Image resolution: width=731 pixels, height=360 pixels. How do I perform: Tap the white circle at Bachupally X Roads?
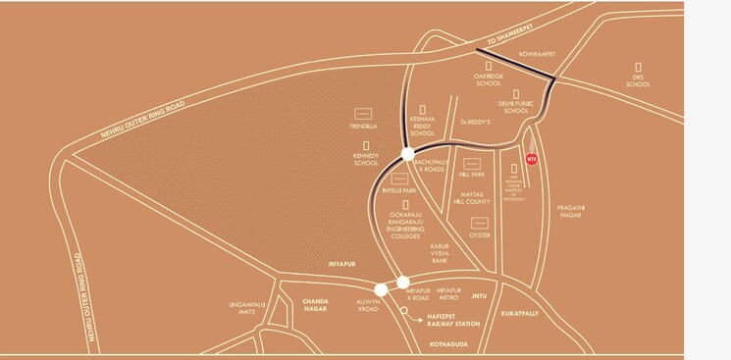click(407, 153)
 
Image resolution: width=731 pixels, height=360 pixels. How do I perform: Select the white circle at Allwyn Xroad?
click(382, 288)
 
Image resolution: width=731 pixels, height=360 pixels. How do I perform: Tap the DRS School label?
click(638, 80)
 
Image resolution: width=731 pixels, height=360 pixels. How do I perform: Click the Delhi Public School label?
click(514, 106)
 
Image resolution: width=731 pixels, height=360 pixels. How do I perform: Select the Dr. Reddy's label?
click(475, 123)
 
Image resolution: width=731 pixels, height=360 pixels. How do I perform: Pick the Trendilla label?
click(362, 125)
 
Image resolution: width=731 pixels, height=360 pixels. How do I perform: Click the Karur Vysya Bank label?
click(439, 253)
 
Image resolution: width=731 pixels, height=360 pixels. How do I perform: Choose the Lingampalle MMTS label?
click(247, 306)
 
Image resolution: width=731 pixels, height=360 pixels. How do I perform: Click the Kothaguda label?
click(450, 345)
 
